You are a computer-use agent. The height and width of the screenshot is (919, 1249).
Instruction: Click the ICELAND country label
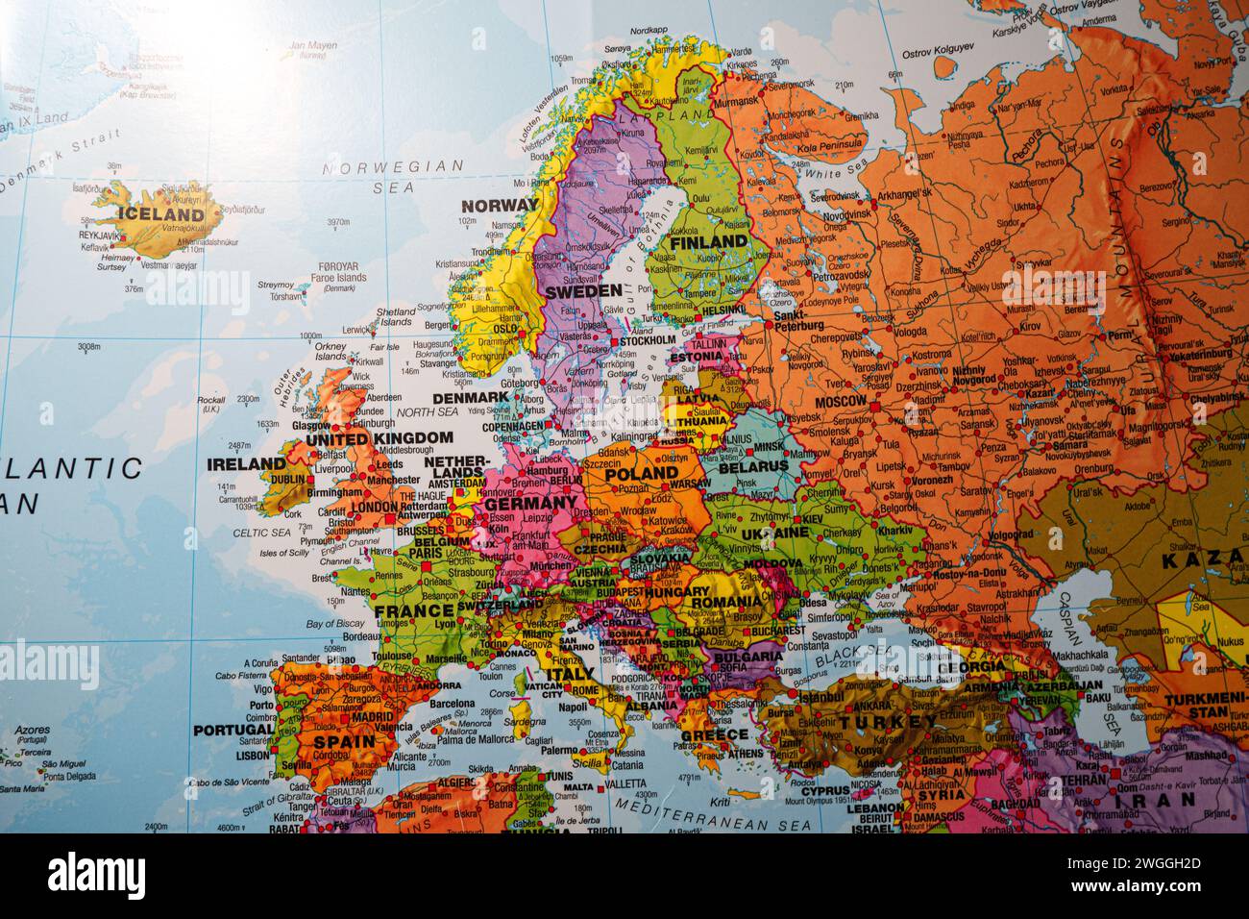coord(159,213)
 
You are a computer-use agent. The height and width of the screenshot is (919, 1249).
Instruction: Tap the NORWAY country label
coord(500,205)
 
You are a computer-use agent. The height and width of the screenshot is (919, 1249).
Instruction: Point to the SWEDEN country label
coord(583,289)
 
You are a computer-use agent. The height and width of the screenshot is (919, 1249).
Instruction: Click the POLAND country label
coord(640,473)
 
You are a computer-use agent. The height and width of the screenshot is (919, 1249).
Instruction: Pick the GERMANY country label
coord(530,503)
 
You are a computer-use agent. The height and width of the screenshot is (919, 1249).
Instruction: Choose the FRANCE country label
coord(414,609)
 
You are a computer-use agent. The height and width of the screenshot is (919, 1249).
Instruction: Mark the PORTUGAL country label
coord(233,730)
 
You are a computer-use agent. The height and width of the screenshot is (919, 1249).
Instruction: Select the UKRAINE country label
coord(776,532)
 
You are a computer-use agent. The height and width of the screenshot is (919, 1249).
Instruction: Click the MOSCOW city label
coord(841,400)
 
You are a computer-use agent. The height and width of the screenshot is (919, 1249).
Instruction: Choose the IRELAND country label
coord(247,463)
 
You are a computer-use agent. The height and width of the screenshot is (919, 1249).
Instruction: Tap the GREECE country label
coord(714,734)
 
